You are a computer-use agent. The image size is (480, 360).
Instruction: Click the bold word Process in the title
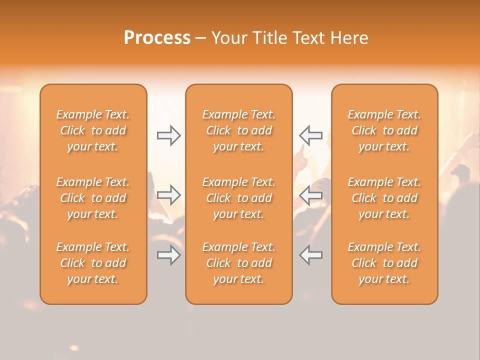tap(157, 38)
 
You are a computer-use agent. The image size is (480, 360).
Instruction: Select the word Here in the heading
tap(349, 38)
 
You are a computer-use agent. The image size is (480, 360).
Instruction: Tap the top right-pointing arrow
tap(168, 135)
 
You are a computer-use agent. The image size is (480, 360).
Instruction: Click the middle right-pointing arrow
tap(168, 195)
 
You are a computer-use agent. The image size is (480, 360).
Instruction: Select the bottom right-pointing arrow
tap(168, 255)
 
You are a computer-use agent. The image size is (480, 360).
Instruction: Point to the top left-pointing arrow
tap(310, 135)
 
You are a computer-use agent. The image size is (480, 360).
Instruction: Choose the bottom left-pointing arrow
tap(310, 255)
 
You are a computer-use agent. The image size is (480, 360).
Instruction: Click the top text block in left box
tap(93, 130)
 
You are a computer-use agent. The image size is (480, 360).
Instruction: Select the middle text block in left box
tap(93, 198)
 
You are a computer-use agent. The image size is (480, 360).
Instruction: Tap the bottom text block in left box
tap(93, 263)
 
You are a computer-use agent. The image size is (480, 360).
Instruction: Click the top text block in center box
tap(238, 130)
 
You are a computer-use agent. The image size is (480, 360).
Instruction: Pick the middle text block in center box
tap(238, 198)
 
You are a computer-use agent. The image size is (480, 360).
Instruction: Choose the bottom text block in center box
tap(238, 263)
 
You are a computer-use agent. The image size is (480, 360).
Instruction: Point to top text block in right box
tap(384, 130)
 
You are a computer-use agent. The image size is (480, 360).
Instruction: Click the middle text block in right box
tap(384, 198)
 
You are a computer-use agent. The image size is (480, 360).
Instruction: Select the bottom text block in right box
tap(384, 263)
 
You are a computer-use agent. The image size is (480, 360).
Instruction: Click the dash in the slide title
tap(201, 38)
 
